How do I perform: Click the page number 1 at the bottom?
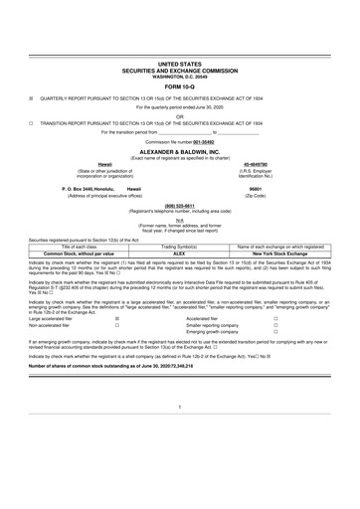point(180,435)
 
